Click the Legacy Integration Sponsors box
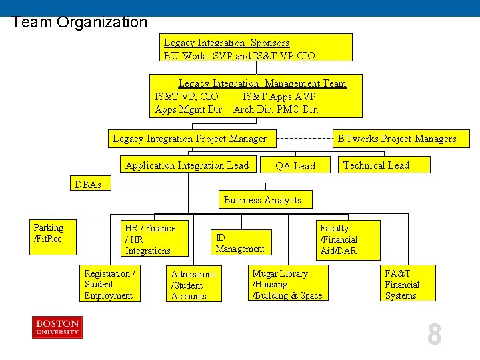tap(257, 48)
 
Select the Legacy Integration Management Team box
tap(256, 96)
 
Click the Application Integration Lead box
tap(187, 165)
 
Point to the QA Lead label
tap(295, 166)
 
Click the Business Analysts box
tap(263, 200)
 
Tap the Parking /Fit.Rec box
tap(53, 237)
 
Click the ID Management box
tap(241, 243)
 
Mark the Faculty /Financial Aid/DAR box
tap(348, 239)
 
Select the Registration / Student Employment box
tap(111, 284)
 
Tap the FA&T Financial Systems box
tap(407, 284)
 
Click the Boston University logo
tap(57, 328)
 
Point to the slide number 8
tap(434, 335)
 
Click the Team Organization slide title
tap(79, 22)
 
